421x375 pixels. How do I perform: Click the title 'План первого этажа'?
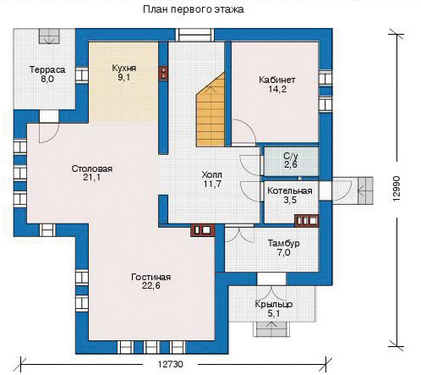194,9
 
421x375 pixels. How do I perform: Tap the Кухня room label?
124,69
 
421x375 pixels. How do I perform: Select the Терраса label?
47,70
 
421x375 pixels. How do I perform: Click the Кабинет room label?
277,80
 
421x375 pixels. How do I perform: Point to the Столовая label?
92,168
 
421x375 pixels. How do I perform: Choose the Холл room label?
212,175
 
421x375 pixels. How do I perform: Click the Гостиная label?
151,277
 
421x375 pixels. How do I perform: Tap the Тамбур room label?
283,243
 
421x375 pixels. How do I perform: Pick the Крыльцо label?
274,305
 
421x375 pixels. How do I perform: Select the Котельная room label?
290,191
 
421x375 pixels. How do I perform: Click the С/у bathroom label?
291,156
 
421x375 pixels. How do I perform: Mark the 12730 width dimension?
170,364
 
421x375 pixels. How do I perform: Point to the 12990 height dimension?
396,189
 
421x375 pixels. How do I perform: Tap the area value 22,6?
151,285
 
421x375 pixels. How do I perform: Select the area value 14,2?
277,90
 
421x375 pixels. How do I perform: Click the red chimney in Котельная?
307,221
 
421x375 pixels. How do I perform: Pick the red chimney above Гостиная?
203,230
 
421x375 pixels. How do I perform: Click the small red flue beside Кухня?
163,74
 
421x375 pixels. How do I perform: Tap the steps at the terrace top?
49,36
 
